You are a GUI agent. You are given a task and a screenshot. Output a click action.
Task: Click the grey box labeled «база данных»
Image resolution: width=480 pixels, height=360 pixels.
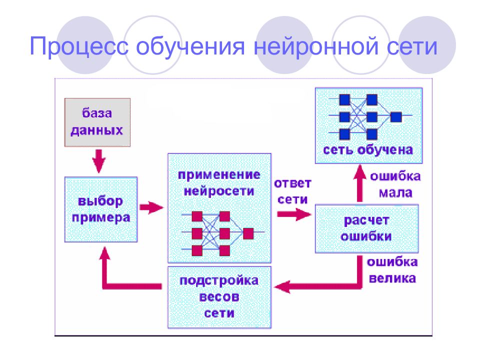97,122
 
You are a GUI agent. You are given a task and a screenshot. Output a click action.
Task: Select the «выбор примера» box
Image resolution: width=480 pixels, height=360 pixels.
101,209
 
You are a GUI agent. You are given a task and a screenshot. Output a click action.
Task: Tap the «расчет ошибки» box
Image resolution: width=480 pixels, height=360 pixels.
366,228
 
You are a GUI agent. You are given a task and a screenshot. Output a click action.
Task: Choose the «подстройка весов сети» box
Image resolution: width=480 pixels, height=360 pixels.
219,297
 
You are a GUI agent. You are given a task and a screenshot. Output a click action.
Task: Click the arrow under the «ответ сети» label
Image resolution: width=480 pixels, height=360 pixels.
294,214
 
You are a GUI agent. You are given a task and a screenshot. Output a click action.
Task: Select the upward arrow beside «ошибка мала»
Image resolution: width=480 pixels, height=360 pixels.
360,183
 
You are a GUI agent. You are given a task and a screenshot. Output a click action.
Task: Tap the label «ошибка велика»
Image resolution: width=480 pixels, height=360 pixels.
392,270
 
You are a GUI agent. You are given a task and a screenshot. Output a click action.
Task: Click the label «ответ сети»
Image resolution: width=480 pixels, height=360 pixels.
292,191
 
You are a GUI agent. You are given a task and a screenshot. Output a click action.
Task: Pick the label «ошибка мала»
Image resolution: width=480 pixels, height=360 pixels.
395,184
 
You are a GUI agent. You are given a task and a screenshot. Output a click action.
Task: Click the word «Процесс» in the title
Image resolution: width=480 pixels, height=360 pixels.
79,46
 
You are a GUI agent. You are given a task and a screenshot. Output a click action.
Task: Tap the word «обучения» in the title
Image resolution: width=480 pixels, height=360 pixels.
190,46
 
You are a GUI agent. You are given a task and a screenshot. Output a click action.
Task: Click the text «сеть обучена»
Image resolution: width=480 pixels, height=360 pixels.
368,150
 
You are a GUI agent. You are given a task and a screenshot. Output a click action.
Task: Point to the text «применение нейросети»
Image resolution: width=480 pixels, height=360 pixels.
219,183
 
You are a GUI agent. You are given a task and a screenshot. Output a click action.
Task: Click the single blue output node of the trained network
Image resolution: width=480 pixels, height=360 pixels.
396,117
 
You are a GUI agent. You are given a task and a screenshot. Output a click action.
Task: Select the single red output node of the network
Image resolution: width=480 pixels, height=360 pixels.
248,233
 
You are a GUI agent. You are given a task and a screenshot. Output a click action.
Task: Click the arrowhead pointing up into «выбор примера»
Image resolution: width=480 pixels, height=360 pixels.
104,253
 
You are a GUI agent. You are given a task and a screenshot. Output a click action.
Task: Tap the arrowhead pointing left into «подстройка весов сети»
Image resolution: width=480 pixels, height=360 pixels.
282,286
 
